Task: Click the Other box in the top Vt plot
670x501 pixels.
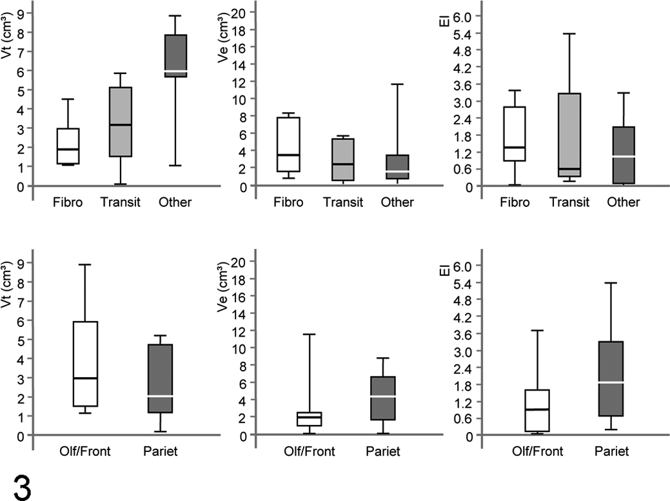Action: coord(175,56)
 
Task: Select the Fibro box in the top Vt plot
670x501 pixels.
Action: coord(68,146)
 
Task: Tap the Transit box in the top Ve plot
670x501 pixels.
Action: coord(343,159)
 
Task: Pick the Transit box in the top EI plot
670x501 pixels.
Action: coord(569,135)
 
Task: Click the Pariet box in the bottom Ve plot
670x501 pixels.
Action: coord(383,398)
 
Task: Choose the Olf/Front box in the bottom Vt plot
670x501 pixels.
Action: coord(85,364)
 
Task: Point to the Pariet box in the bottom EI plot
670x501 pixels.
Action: coord(611,379)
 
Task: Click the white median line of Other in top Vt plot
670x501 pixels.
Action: coord(175,71)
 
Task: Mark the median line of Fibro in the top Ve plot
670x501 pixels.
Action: coord(288,155)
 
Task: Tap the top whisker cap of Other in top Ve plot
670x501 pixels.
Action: coord(397,84)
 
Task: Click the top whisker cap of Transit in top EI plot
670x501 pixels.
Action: coord(569,34)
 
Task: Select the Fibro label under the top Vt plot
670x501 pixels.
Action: coord(68,202)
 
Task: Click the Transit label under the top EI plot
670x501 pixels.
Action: coord(569,202)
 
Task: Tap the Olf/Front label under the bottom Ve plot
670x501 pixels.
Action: coord(310,451)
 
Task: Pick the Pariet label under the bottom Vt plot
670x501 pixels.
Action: coord(160,451)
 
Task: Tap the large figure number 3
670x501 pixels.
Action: coord(22,487)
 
